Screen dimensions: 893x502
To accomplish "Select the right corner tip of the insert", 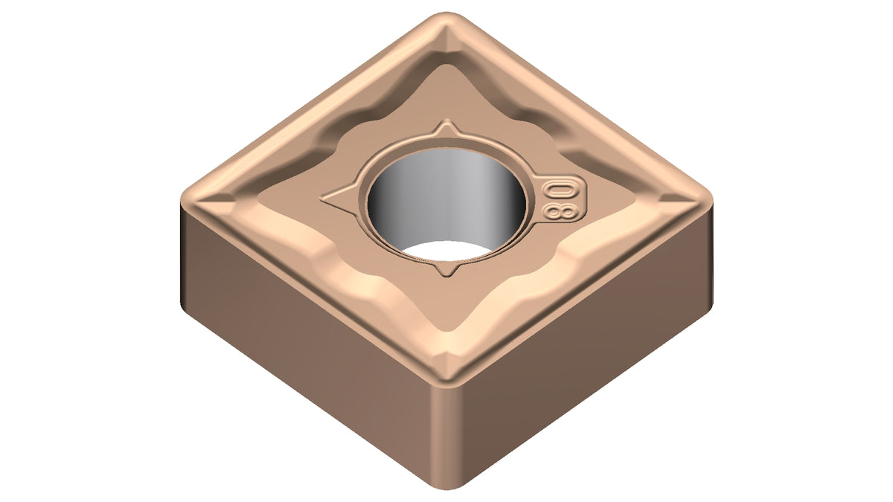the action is [x=711, y=200].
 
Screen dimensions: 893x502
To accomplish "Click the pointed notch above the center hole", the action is [x=446, y=126].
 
